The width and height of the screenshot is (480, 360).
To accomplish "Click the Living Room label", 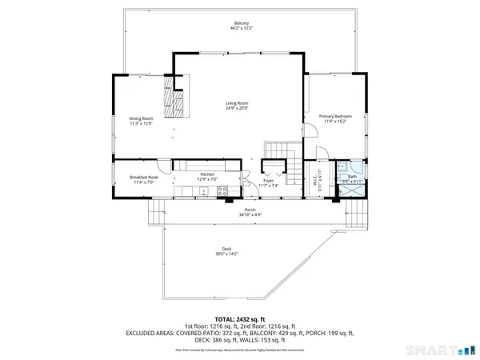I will tap(237, 103).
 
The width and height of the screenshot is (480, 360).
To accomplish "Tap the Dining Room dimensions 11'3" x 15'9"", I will tap(141, 123).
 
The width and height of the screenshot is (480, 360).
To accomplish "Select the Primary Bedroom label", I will tap(336, 116).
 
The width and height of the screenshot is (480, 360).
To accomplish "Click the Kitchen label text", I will tap(207, 174).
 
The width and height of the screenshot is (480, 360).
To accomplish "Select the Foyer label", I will tap(269, 181).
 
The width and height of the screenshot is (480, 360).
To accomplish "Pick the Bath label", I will tap(352, 177).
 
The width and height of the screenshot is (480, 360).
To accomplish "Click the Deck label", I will tap(220, 249).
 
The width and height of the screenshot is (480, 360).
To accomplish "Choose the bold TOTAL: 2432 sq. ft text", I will tap(240, 318).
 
